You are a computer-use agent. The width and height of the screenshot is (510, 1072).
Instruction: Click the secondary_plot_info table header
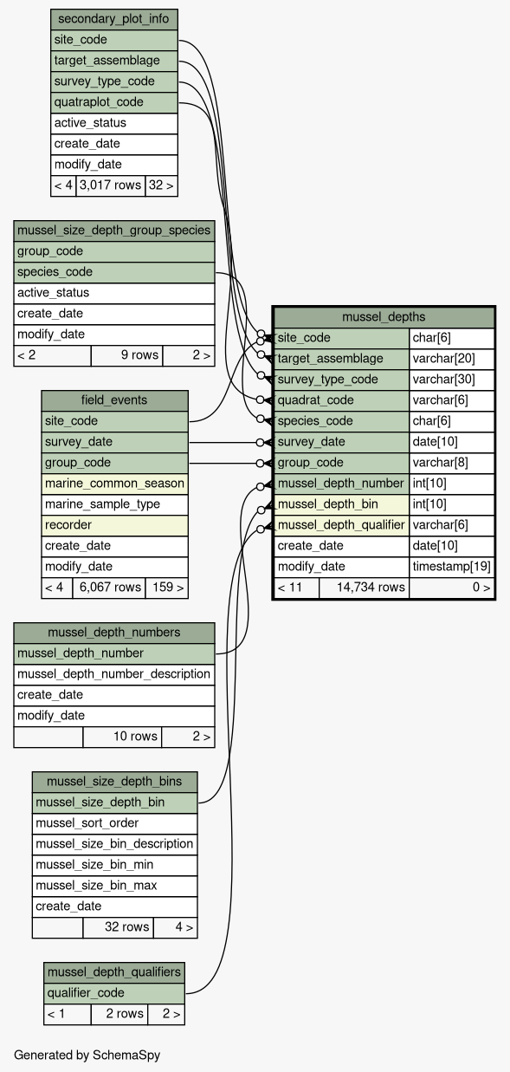pos(114,19)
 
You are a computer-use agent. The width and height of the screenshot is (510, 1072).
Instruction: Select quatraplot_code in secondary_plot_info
pos(114,102)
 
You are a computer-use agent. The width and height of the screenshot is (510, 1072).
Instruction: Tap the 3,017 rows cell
pos(111,185)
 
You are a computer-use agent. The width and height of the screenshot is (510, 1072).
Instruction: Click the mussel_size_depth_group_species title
pos(114,231)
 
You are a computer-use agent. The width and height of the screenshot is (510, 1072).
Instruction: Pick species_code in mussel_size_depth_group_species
pos(114,272)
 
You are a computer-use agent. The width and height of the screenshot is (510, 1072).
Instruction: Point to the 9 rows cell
pos(126,355)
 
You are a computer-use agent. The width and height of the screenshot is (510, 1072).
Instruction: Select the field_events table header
pos(114,400)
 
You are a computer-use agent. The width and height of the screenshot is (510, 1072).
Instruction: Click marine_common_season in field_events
pos(114,484)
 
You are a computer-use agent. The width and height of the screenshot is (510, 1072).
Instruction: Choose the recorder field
pos(114,525)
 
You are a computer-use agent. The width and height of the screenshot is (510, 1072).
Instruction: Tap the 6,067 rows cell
pos(109,588)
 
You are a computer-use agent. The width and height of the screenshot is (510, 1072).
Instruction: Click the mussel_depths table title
pos(384,317)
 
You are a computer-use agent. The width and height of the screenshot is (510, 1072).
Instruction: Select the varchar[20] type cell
pos(452,359)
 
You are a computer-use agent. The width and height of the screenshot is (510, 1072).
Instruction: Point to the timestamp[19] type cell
pos(452,567)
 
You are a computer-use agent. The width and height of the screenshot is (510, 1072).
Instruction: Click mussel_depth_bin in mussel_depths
pos(341,504)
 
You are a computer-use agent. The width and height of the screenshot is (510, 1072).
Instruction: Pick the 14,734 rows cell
pos(365,588)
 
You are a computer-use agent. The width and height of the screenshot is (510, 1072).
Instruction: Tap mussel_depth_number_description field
pos(114,674)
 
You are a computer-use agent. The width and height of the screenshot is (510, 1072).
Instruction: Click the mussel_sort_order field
pos(114,823)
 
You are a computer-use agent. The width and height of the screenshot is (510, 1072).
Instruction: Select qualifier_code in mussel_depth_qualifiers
pos(114,993)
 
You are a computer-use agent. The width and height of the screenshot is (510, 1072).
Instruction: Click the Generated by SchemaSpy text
pos(87,1056)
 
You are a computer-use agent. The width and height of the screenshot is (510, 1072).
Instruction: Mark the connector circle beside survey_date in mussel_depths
pos(260,443)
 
